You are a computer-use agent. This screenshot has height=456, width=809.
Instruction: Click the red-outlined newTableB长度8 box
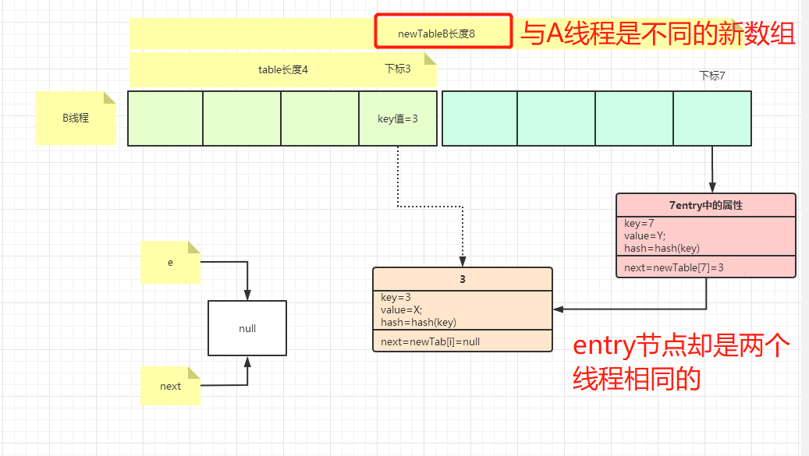pos(442,33)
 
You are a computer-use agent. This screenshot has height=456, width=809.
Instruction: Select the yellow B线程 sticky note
pos(75,118)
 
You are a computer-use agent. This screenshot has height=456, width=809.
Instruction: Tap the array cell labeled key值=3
pos(398,118)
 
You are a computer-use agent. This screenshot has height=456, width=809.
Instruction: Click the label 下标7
pos(711,76)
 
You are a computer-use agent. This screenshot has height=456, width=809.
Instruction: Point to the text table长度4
pos(283,69)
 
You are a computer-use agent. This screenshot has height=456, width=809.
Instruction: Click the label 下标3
pos(397,69)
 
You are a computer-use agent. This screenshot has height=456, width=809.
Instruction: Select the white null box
pos(247,328)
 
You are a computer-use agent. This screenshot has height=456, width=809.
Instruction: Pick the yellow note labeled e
pos(170,262)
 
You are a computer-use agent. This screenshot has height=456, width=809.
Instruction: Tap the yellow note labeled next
pos(170,386)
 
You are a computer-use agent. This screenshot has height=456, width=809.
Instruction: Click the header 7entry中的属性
pos(706,205)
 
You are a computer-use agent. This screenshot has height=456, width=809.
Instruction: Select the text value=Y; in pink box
pos(645,236)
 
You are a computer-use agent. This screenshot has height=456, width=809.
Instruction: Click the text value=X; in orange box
pos(401,309)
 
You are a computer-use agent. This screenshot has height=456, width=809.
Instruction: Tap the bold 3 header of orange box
pos(462,279)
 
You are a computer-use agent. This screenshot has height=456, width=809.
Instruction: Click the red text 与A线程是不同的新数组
pos(657,34)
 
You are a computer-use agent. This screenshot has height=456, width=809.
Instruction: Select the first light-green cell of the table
pos(165,118)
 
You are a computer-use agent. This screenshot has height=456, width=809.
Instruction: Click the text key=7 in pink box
pos(639,224)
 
